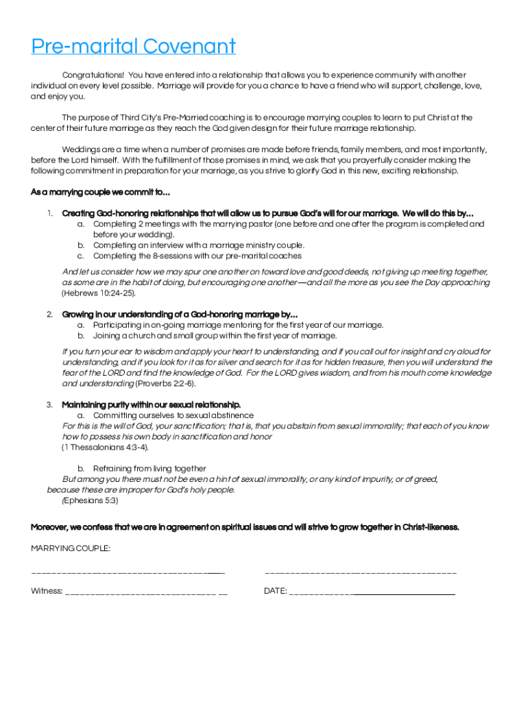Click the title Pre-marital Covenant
click(133, 47)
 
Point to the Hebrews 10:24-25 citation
click(99, 293)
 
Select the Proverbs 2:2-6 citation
click(165, 384)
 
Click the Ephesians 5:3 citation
click(91, 500)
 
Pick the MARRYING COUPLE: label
click(71, 548)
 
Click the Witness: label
click(47, 591)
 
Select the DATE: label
click(276, 591)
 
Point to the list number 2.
click(50, 315)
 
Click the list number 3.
click(50, 404)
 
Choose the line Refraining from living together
click(149, 469)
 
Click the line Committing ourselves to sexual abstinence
click(173, 415)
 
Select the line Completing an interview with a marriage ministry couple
click(199, 245)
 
